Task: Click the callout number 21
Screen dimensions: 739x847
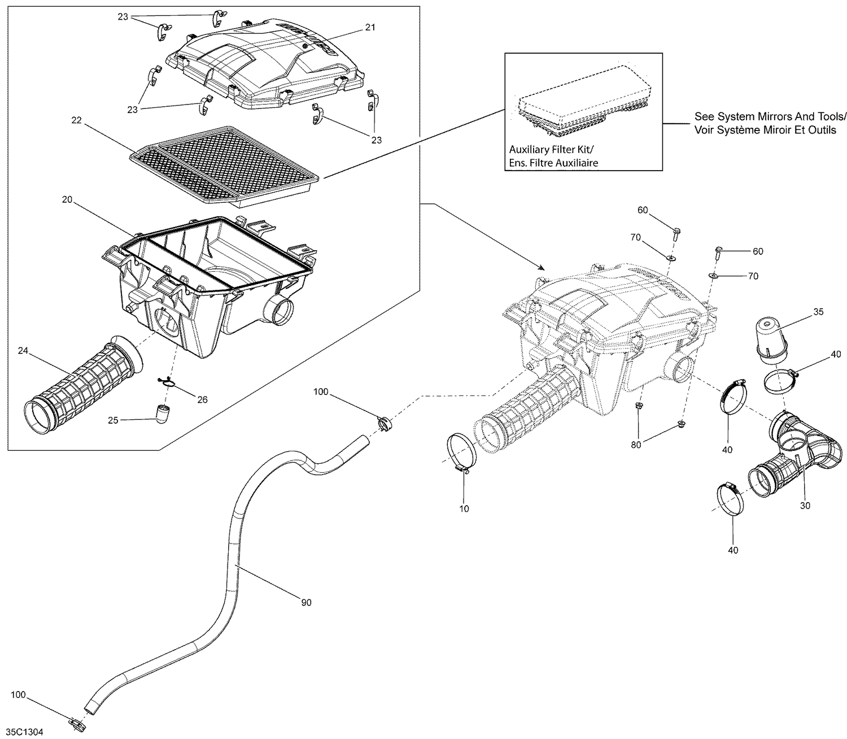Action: pyautogui.click(x=370, y=27)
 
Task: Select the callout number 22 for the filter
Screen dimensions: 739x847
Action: pyautogui.click(x=77, y=120)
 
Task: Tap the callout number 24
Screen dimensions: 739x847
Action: pyautogui.click(x=23, y=351)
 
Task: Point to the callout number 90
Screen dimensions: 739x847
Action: pyautogui.click(x=306, y=603)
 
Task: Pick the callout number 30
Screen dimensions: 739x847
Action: pyautogui.click(x=805, y=506)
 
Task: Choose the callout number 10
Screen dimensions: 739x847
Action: pyautogui.click(x=464, y=508)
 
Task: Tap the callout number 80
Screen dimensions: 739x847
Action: pyautogui.click(x=636, y=445)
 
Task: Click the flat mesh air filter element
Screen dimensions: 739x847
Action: pyautogui.click(x=226, y=164)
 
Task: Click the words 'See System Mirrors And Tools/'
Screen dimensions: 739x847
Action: pyautogui.click(x=770, y=117)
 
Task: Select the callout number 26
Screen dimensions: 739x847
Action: pyautogui.click(x=202, y=399)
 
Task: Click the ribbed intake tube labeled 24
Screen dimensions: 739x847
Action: pyautogui.click(x=79, y=384)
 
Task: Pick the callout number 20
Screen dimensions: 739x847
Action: pyautogui.click(x=68, y=199)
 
